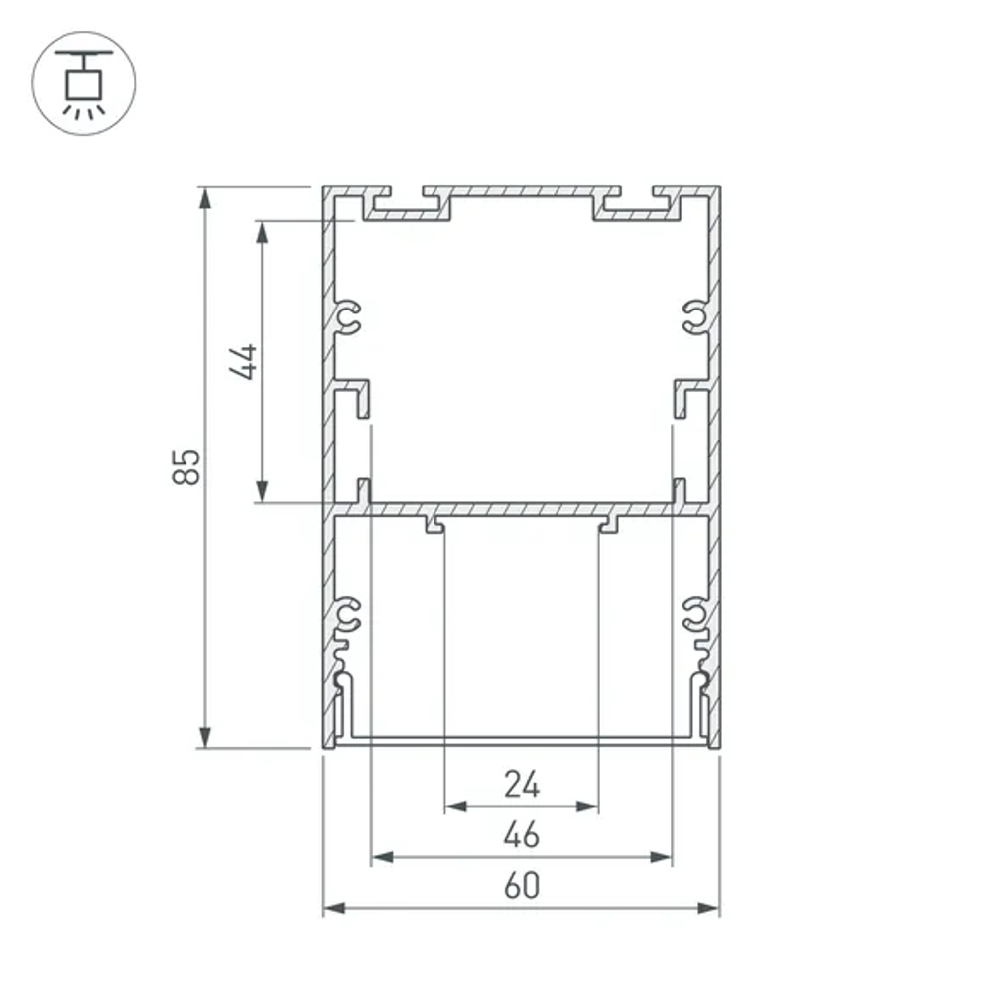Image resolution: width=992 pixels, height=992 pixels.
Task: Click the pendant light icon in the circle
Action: pyautogui.click(x=83, y=83)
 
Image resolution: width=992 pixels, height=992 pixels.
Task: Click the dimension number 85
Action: pyautogui.click(x=186, y=466)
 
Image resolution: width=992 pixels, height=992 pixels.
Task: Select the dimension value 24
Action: pyautogui.click(x=521, y=785)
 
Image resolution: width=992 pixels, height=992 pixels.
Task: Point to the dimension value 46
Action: pyautogui.click(x=521, y=836)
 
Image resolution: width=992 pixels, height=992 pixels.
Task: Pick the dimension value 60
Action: pyautogui.click(x=521, y=886)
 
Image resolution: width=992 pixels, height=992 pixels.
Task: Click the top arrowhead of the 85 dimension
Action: pyautogui.click(x=205, y=197)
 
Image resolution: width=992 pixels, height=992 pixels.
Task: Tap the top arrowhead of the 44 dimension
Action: pyautogui.click(x=262, y=232)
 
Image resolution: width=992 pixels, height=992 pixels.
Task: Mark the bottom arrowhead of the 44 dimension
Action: pyautogui.click(x=262, y=491)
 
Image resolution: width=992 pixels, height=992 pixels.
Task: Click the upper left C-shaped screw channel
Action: pyautogui.click(x=348, y=317)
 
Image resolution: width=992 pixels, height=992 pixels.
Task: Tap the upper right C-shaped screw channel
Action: pyautogui.click(x=694, y=317)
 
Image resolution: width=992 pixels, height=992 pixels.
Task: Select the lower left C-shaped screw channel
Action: pyautogui.click(x=348, y=615)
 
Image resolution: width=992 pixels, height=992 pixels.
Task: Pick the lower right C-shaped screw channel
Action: pyautogui.click(x=694, y=615)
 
